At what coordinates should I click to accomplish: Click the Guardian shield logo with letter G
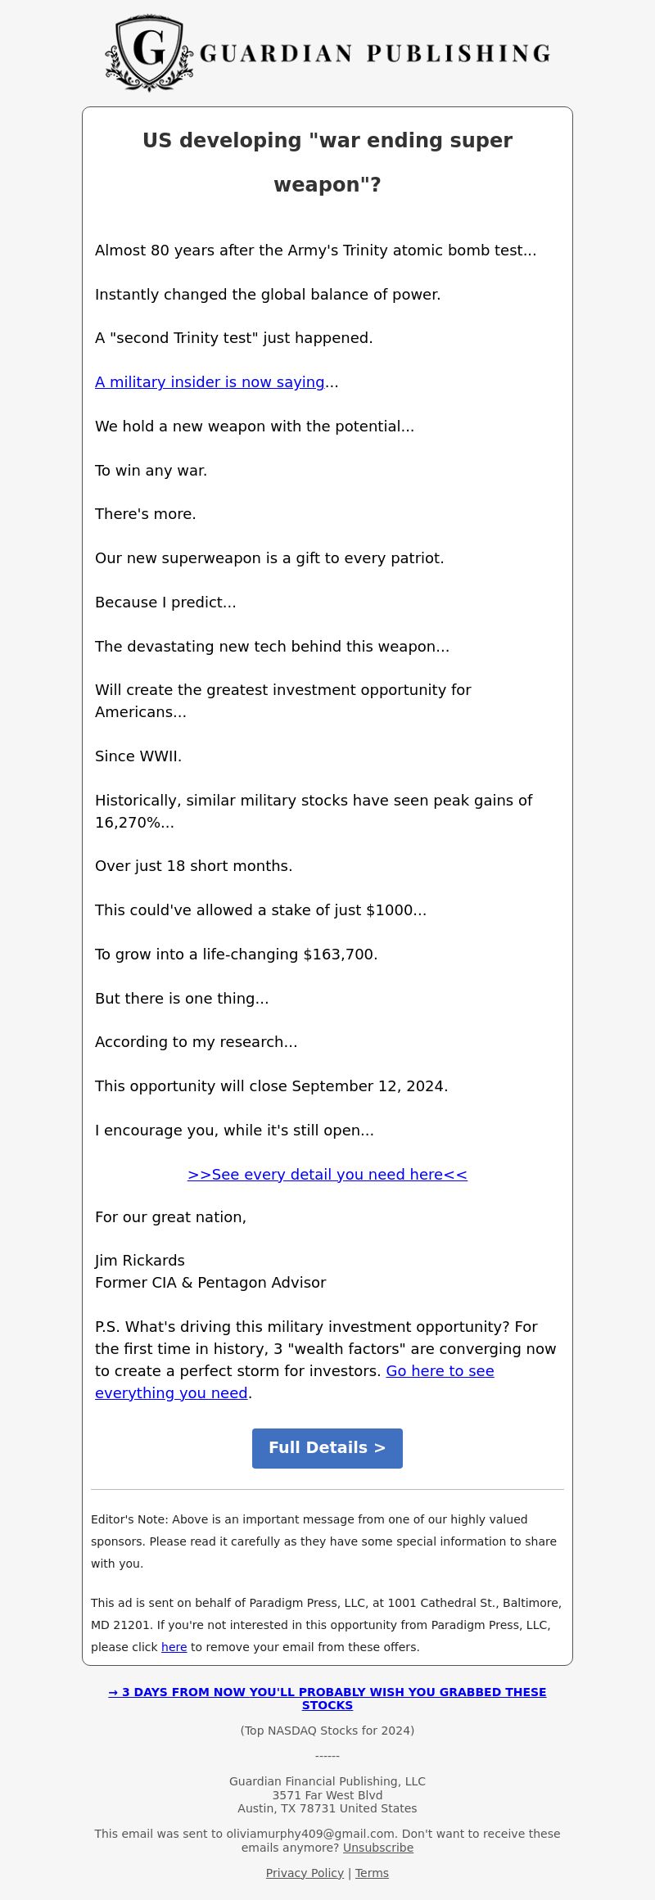149,52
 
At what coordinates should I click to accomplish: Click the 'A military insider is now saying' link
210,382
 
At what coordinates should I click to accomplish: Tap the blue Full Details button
327,1448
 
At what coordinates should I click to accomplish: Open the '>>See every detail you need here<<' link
327,1175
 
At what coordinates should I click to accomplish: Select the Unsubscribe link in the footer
377,1848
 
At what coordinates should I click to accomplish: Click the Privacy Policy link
305,1873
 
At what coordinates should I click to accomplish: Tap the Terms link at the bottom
372,1873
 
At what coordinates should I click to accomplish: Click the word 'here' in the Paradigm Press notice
174,1647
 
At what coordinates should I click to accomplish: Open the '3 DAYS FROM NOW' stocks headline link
327,1699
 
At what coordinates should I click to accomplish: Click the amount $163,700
339,955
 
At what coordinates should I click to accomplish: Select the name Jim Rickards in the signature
140,1261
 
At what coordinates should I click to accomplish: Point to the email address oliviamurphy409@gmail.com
310,1834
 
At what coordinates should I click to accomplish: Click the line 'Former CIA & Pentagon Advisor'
210,1283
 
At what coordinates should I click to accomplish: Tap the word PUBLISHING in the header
458,54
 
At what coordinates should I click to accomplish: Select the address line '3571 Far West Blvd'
327,1795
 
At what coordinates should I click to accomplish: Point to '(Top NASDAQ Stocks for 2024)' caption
327,1731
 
